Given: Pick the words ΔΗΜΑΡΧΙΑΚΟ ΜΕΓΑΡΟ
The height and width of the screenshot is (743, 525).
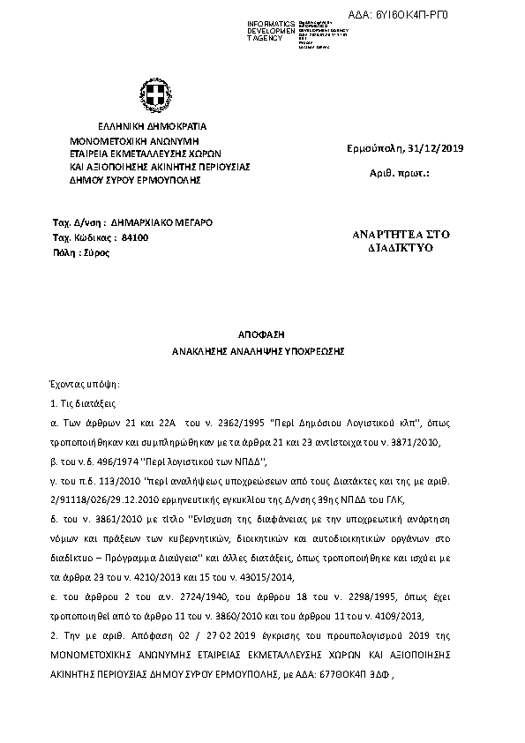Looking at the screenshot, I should pyautogui.click(x=161, y=223).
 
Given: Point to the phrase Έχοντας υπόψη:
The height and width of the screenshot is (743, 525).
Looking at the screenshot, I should pyautogui.click(x=84, y=386).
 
